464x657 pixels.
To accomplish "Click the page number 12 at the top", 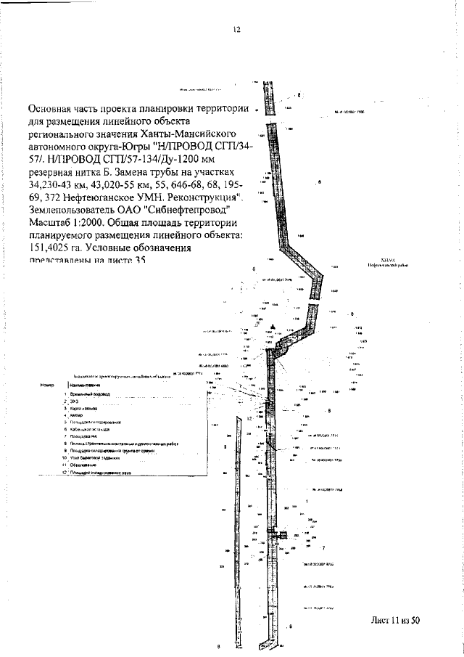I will (236, 30).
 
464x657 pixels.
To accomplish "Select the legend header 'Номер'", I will (49, 384).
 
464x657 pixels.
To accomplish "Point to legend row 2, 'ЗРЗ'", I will (73, 401).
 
